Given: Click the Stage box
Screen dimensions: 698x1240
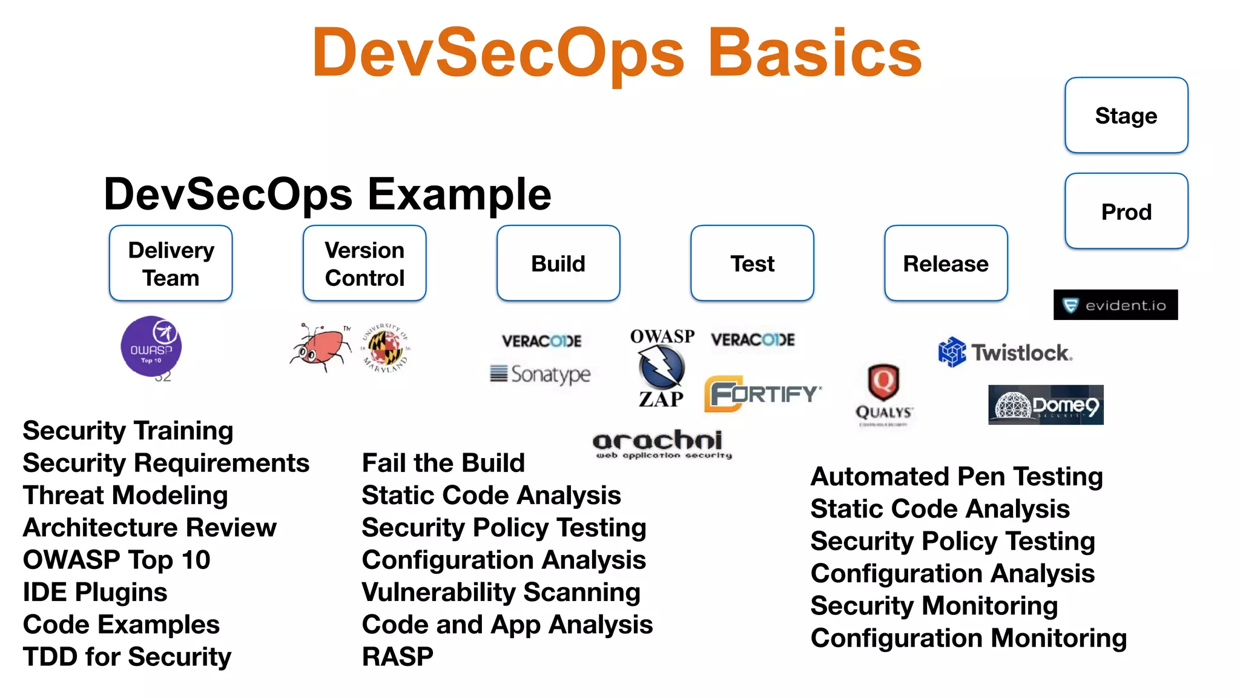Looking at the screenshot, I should [1126, 115].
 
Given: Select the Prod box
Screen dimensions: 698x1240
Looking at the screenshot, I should [1126, 211].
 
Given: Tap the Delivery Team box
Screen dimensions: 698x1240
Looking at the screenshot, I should [171, 264].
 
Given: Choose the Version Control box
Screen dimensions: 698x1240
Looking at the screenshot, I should [364, 264].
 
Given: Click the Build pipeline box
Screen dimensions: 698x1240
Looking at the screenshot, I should [558, 264].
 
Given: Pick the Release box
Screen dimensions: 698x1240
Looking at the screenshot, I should [946, 264].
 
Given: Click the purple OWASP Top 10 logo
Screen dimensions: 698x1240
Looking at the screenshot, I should [151, 346].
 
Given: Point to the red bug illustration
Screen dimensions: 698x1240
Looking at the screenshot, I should [321, 347].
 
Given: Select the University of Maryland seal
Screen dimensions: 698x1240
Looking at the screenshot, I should [386, 348].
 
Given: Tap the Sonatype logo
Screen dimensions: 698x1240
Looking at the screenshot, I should [541, 374].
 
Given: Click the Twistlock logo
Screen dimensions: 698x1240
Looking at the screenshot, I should [1005, 352].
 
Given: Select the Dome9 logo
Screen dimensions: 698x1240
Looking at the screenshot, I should [1046, 405].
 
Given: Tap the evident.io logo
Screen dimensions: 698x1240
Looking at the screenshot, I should [1115, 305].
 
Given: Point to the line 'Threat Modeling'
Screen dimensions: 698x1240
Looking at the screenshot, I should [125, 495].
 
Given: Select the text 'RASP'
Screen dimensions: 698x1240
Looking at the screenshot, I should [397, 657].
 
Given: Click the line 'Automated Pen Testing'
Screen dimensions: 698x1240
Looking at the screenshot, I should [957, 476].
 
